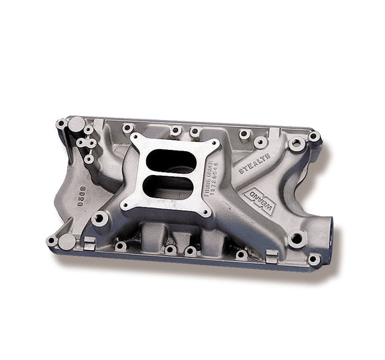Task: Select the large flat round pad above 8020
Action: point(77,124)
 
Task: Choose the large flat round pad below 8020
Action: point(67,239)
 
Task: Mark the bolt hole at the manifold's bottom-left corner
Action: point(50,241)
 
